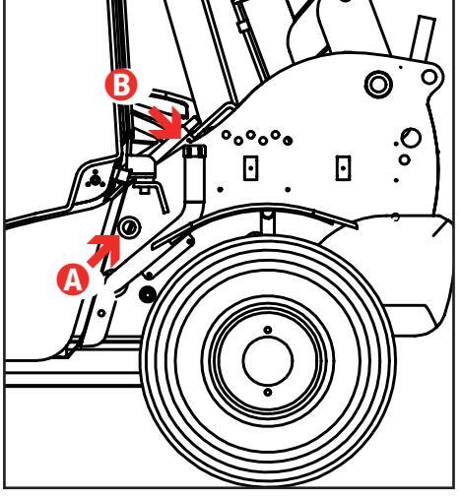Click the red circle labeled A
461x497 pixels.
click(x=73, y=280)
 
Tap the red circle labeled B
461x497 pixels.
click(x=120, y=86)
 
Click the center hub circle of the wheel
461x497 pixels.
click(x=268, y=360)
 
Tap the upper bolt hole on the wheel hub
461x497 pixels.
click(x=268, y=330)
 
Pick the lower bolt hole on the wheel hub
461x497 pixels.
click(x=268, y=393)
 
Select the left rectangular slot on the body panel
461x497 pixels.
click(x=251, y=168)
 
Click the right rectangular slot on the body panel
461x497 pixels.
click(x=343, y=168)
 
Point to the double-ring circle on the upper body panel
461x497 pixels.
click(x=378, y=84)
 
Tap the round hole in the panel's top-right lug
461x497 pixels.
click(x=429, y=77)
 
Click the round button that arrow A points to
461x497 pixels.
click(x=129, y=227)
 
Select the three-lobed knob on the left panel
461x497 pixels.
click(x=96, y=179)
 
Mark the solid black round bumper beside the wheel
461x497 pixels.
click(x=148, y=294)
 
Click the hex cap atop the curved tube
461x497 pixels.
click(x=195, y=152)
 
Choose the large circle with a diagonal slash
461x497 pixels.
click(x=411, y=138)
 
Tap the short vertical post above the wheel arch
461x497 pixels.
click(x=267, y=222)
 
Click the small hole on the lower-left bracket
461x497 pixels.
click(x=101, y=313)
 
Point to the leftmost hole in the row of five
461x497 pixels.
click(x=227, y=135)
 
